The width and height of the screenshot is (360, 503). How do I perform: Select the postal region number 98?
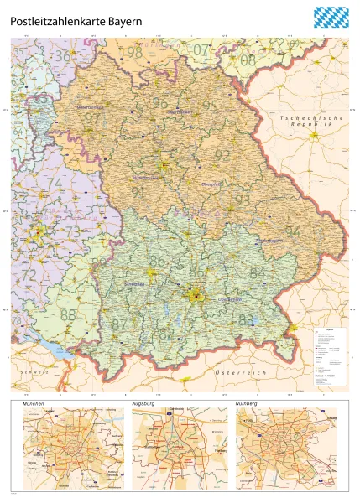[x=135, y=52]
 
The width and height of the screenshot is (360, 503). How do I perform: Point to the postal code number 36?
[x=62, y=56]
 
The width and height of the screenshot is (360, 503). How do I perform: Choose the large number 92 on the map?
[x=222, y=155]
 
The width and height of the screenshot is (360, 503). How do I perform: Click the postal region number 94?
[x=292, y=231]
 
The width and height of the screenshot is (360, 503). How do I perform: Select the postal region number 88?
[x=68, y=314]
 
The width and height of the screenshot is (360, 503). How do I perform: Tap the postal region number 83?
[x=246, y=319]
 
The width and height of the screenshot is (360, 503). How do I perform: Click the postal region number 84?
[x=257, y=273]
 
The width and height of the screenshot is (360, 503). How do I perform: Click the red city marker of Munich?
[x=196, y=294]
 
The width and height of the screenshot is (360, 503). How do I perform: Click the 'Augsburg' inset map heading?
[x=144, y=403]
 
